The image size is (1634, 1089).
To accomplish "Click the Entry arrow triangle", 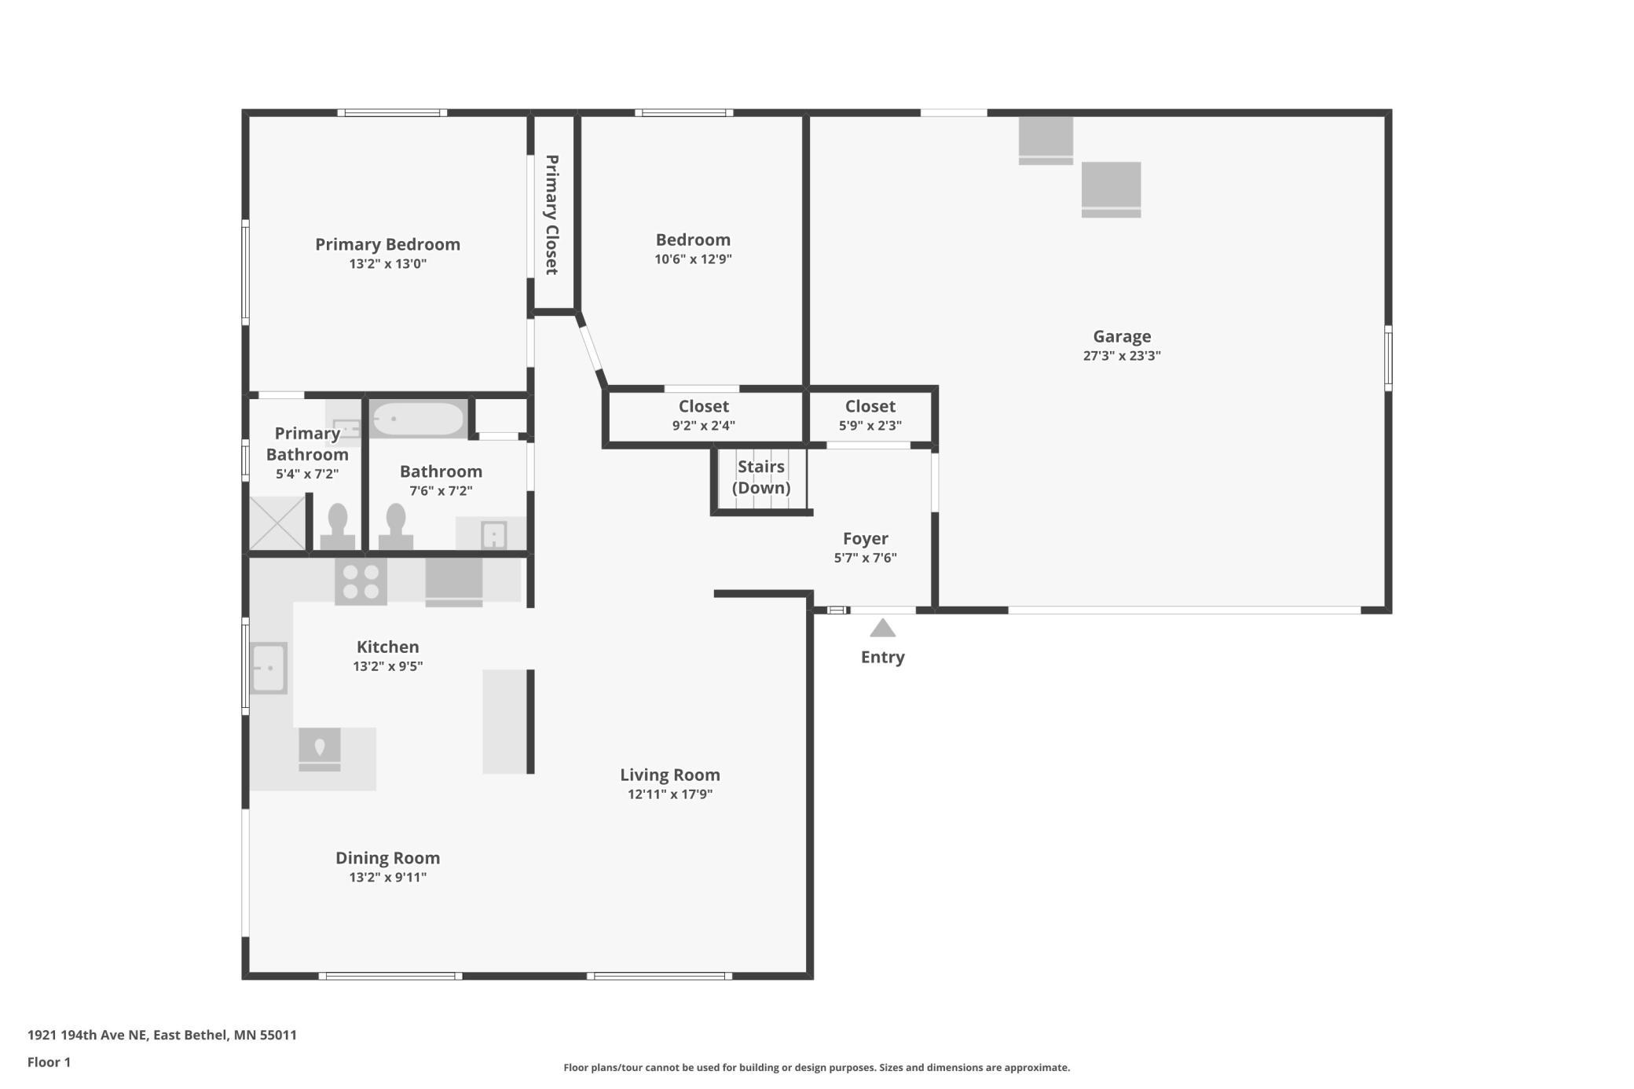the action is click(883, 628).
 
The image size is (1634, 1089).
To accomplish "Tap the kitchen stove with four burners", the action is click(361, 581).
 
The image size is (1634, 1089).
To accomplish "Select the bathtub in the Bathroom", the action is click(418, 419).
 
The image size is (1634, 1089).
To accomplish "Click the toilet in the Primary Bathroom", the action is click(338, 527).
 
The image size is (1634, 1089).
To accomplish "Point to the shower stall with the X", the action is click(277, 523).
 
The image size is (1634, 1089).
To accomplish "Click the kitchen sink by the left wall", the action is click(269, 668).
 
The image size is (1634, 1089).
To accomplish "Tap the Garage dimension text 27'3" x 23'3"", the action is click(1122, 355).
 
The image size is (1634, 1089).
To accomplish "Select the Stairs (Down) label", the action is click(761, 477).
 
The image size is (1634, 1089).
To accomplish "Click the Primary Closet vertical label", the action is click(552, 214).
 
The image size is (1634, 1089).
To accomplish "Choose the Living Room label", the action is click(670, 775).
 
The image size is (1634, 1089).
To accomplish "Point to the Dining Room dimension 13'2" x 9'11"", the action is click(388, 877).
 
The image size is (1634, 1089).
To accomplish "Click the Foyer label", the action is click(866, 538).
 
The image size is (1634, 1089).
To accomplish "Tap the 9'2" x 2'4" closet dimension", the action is click(704, 425).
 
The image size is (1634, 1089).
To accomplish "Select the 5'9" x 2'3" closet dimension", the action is click(870, 425).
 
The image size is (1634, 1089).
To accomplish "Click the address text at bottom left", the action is click(163, 1035).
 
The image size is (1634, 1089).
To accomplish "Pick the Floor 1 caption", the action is click(49, 1062).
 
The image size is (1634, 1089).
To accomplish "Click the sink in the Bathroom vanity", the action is click(493, 535).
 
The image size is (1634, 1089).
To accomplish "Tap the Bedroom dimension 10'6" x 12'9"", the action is click(694, 259).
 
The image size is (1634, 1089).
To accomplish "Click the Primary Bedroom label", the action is click(388, 244).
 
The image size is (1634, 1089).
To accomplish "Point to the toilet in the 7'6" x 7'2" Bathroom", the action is click(396, 527).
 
